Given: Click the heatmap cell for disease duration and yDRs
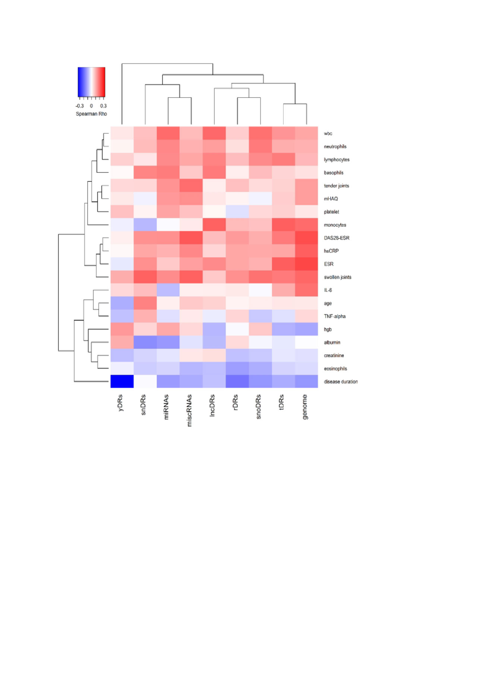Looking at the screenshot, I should click(122, 381).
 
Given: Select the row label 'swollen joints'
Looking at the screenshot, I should click(337, 277).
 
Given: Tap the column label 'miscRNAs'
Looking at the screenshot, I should click(189, 410).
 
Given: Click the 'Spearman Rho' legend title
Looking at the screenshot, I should click(91, 114).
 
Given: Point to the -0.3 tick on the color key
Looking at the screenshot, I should click(80, 106).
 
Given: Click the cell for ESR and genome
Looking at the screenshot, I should click(306, 264).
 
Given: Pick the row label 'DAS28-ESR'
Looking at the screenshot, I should click(337, 238).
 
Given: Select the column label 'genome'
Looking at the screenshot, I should click(305, 407).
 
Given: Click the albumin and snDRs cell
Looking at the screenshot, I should click(145, 342).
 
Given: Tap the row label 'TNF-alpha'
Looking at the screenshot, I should click(335, 316).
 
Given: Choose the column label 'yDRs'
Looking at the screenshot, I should click(120, 403).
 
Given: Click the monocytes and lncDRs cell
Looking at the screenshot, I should click(214, 225).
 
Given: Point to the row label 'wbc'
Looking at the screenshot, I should click(328, 133).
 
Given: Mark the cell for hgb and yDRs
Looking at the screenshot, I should click(122, 329).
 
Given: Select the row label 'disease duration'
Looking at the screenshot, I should click(341, 381).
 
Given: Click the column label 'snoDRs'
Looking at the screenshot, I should click(259, 406).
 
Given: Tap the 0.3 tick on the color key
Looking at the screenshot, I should click(103, 106).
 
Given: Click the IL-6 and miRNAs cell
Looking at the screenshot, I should click(168, 290).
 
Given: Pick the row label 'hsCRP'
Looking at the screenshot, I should click(331, 251).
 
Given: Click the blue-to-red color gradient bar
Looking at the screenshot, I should click(91, 82).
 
